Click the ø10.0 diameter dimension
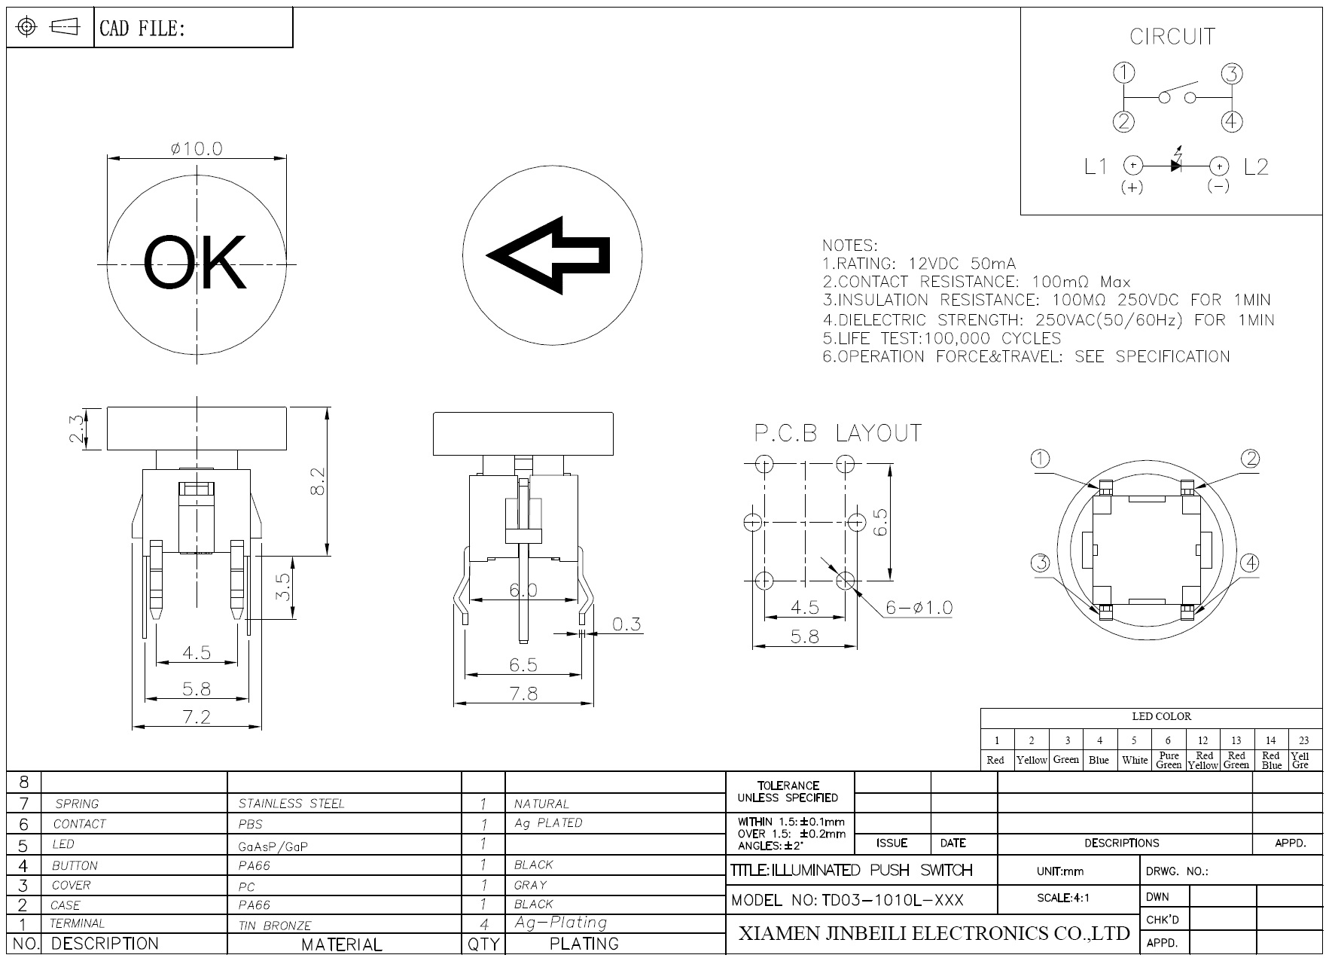pos(197,148)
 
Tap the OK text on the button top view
pos(195,263)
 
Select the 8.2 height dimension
pos(318,481)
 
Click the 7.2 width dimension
pos(197,716)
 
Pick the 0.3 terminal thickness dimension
pos(626,624)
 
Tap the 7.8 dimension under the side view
pos(523,693)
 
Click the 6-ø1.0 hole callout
pos(919,607)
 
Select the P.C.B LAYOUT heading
pos(838,433)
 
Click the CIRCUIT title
pos(1172,36)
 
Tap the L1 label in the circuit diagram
pos(1096,166)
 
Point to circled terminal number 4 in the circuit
pos(1232,121)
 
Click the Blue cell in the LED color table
pos(1099,760)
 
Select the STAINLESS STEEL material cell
pos(291,804)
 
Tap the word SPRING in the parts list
pos(77,804)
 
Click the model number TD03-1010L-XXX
pos(892,900)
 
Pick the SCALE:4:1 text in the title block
pos(1063,898)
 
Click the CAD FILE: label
pos(142,29)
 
